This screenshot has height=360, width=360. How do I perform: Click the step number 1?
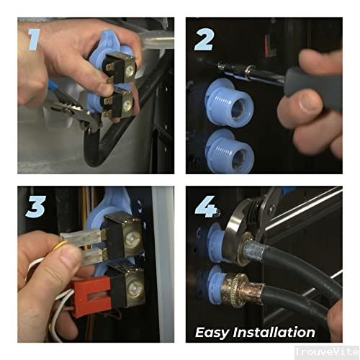(x=34, y=40)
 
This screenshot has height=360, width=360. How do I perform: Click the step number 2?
(x=204, y=40)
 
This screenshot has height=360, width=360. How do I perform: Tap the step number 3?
(x=35, y=207)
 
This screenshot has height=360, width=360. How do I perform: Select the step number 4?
(x=206, y=207)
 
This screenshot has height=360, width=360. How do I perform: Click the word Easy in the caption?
(x=212, y=333)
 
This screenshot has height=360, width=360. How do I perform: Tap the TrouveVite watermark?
(x=327, y=352)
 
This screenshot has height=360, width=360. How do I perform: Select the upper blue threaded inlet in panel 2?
(x=229, y=100)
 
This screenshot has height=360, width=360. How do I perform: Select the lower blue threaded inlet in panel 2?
(x=230, y=151)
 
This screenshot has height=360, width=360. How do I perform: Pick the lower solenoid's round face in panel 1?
(x=127, y=104)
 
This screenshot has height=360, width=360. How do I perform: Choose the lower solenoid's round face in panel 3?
(x=135, y=289)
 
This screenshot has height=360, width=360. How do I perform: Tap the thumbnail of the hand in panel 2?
(x=309, y=103)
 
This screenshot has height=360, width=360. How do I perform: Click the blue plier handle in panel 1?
(x=53, y=86)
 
